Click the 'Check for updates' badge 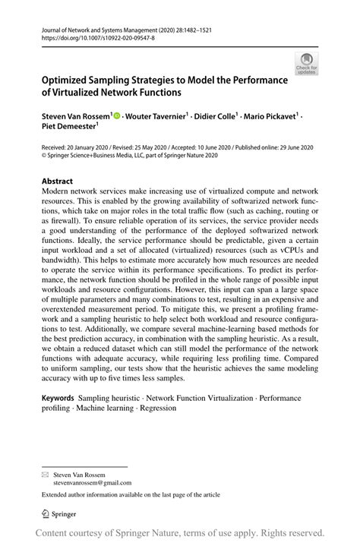(307, 63)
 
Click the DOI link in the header (89, 36)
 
